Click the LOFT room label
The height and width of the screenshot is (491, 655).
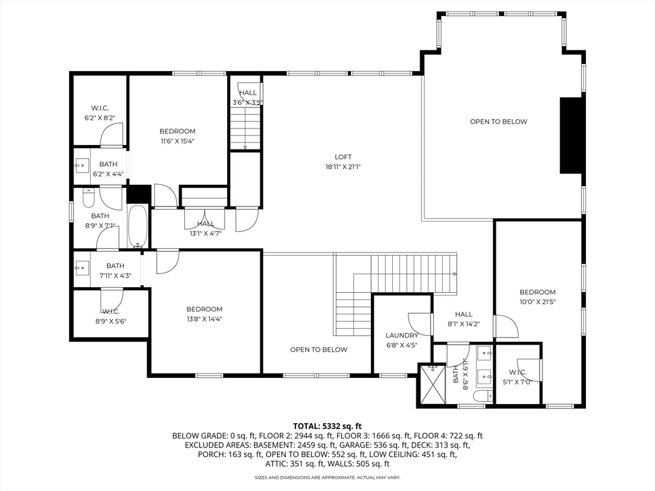(x=343, y=157)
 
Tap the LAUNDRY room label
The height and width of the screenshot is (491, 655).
(x=402, y=335)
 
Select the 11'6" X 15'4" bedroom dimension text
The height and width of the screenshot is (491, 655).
(x=178, y=141)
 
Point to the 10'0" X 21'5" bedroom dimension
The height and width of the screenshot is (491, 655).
(x=537, y=302)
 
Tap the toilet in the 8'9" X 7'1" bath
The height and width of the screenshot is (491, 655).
(x=89, y=198)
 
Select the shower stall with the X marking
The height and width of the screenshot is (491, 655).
(x=433, y=384)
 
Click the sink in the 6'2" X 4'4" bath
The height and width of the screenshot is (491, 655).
(x=82, y=166)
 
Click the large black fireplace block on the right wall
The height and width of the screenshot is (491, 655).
(x=571, y=136)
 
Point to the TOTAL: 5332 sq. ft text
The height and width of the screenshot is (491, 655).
(x=327, y=426)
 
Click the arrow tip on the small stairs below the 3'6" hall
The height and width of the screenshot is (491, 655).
(x=245, y=148)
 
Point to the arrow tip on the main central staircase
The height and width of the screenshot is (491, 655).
(x=455, y=274)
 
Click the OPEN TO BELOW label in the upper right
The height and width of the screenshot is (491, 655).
(x=498, y=121)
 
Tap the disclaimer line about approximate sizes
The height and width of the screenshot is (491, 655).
(x=327, y=477)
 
